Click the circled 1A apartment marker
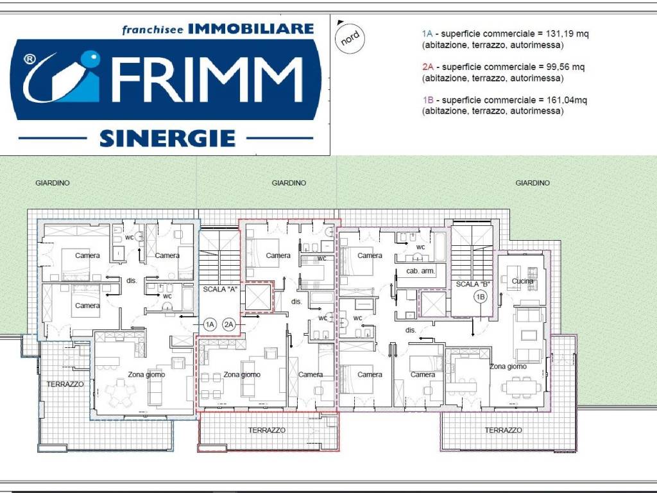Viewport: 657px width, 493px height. click(x=210, y=324)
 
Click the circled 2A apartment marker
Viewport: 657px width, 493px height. click(x=229, y=324)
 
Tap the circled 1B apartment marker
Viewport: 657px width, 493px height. click(x=481, y=297)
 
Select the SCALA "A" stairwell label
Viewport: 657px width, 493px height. click(x=220, y=289)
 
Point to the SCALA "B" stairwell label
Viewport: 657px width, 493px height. click(x=473, y=284)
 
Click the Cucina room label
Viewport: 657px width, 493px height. click(x=522, y=281)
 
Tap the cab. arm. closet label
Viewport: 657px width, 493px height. click(x=421, y=271)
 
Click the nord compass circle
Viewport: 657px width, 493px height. click(x=350, y=39)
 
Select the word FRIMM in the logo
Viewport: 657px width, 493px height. click(x=207, y=80)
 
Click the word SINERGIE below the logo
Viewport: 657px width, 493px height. click(x=167, y=139)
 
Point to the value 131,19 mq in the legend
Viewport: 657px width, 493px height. click(x=567, y=33)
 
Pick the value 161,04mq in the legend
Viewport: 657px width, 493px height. click(x=567, y=99)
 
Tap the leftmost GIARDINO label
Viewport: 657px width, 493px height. click(x=53, y=183)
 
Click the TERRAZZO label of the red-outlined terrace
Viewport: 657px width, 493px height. click(x=266, y=430)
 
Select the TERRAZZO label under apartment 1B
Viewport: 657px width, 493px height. click(x=503, y=430)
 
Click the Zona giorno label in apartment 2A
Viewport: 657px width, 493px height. click(x=242, y=374)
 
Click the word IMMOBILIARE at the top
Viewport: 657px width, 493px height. click(x=251, y=28)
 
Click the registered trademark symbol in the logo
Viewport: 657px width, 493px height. click(x=30, y=59)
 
